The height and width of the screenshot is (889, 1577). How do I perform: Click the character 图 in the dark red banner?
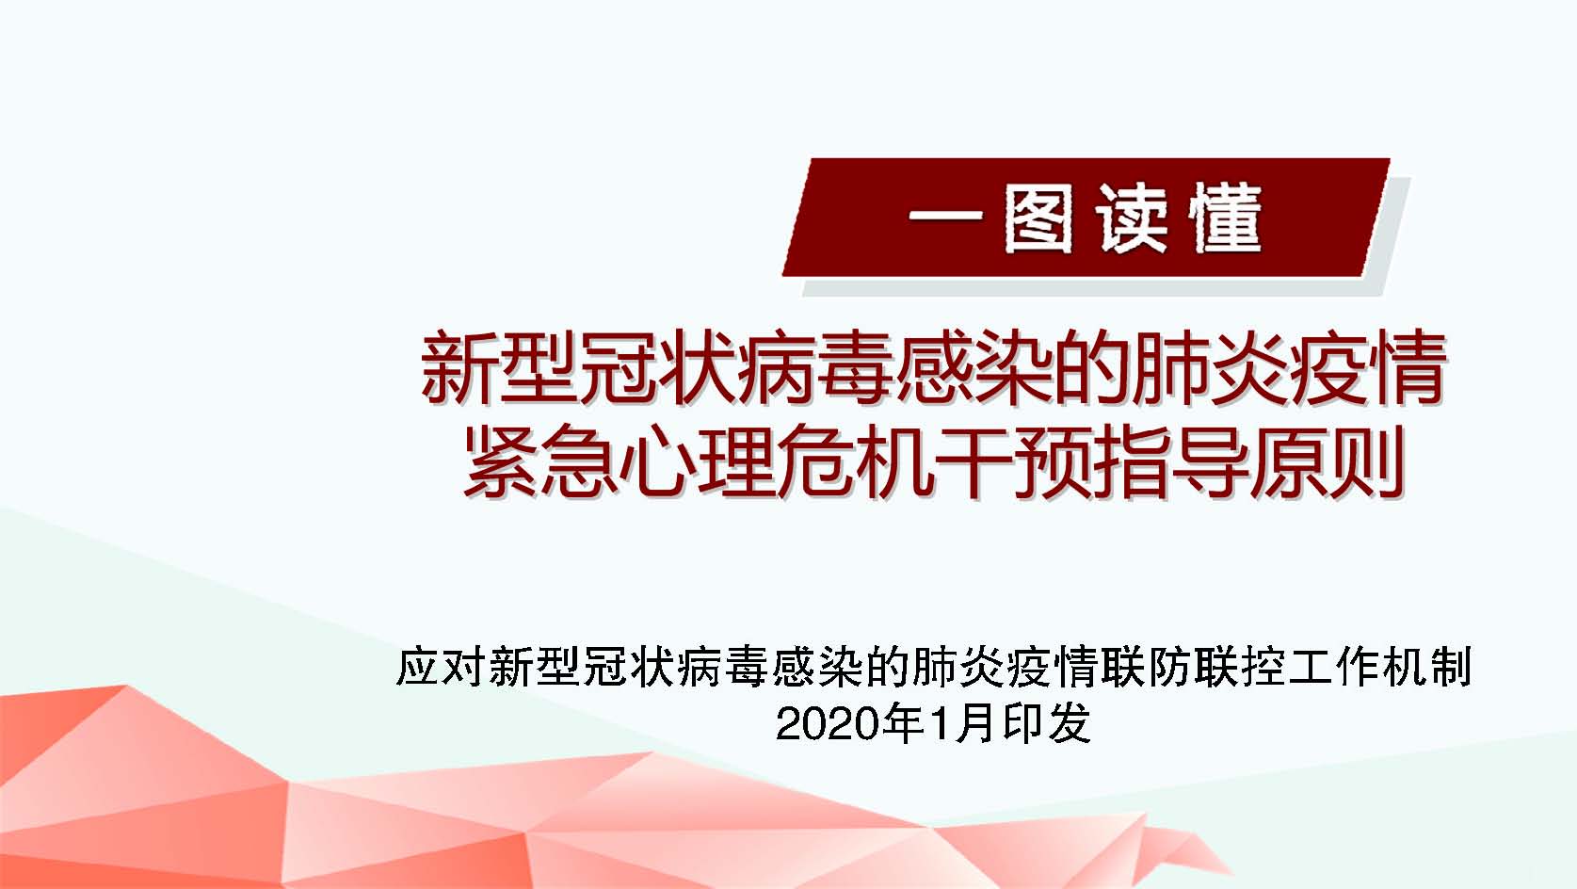coord(1038,218)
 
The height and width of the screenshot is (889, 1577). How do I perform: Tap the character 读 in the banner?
coord(1131,218)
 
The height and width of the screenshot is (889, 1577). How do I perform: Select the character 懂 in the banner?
coord(1226,218)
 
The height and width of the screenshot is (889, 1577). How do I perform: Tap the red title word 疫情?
coord(1366,367)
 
